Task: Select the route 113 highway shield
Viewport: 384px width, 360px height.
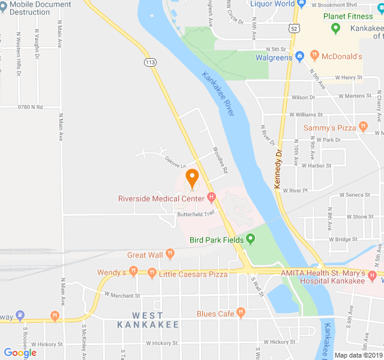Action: [151, 62]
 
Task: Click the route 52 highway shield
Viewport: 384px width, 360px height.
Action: [292, 28]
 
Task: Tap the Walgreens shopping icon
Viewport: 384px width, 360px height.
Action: [299, 57]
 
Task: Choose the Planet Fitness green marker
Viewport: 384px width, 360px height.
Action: [336, 28]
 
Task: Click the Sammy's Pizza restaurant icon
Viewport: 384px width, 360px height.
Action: [362, 127]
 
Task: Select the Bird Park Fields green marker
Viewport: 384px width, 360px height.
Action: [251, 240]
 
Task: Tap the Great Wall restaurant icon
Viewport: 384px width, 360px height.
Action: [170, 254]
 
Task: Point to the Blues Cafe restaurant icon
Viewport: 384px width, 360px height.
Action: [241, 313]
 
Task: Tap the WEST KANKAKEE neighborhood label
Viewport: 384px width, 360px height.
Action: [148, 320]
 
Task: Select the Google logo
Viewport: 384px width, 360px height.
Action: [20, 353]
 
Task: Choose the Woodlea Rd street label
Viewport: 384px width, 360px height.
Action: [221, 161]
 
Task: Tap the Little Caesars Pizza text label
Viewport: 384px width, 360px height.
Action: [193, 274]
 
